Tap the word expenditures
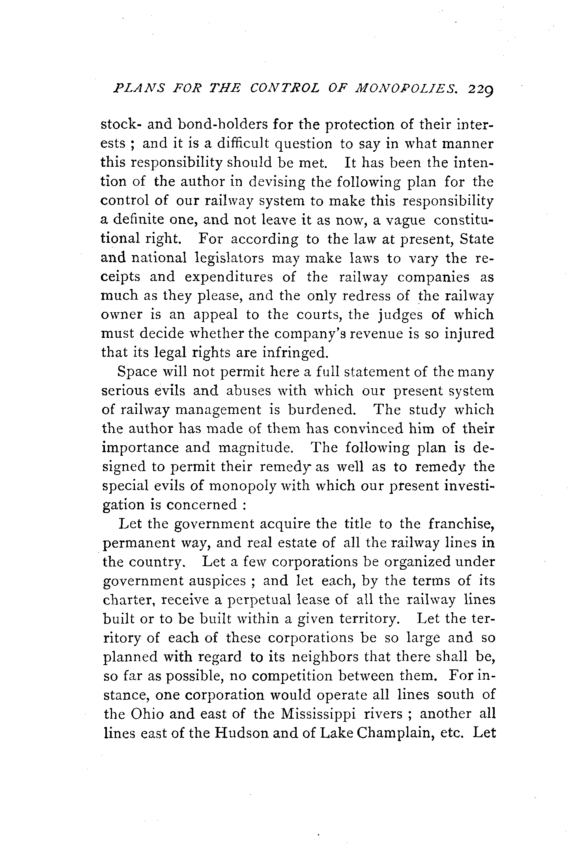pyautogui.click(x=229, y=278)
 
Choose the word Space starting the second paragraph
pyautogui.click(x=136, y=372)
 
